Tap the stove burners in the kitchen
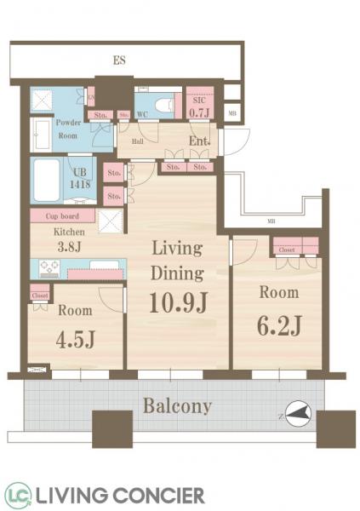tap(49, 269)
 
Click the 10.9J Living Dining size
tap(177, 301)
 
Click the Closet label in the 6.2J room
tap(286, 251)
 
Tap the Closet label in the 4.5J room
tap(39, 296)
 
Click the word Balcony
tap(177, 405)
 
